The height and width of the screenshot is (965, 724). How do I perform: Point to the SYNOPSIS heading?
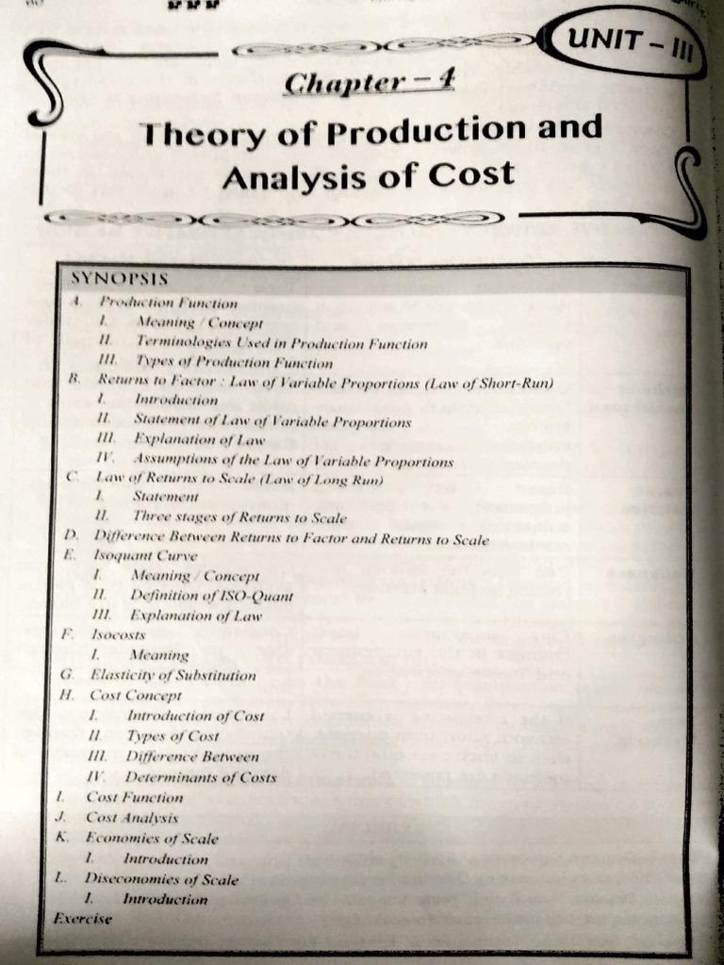point(120,280)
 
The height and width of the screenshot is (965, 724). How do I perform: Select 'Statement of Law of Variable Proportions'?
point(272,421)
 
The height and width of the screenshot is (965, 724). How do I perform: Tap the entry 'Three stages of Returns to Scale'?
point(239,517)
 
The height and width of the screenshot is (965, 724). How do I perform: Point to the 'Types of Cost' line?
point(173,736)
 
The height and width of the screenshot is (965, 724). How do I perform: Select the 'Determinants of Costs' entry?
point(203,777)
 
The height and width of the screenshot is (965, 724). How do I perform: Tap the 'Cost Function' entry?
point(135,797)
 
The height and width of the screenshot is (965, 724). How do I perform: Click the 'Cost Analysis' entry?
point(132,818)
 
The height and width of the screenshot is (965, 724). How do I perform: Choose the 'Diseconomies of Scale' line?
point(161,879)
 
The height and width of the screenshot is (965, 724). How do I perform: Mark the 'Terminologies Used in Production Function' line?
point(281,344)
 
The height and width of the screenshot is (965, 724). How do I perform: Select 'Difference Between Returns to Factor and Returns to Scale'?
point(291,539)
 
